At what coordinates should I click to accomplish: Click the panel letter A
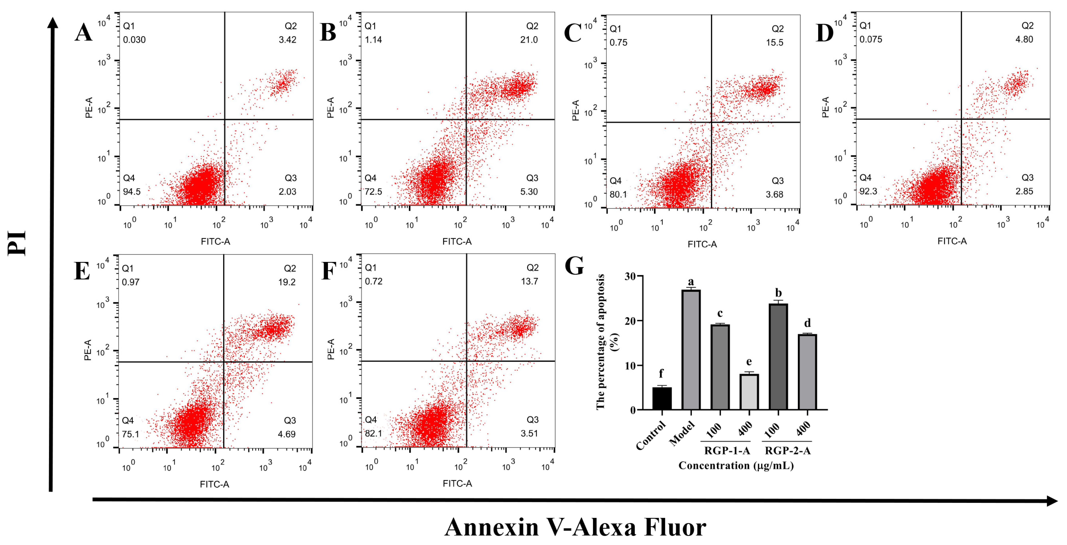click(83, 32)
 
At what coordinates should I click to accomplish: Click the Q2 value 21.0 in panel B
click(529, 40)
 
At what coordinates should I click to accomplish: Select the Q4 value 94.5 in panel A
click(132, 192)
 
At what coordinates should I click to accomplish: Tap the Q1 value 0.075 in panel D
click(871, 39)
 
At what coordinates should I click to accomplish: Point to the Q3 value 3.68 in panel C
click(774, 194)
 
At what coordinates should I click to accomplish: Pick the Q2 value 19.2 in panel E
click(287, 282)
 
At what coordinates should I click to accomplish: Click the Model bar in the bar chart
click(691, 350)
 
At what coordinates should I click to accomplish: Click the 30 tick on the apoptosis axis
click(630, 276)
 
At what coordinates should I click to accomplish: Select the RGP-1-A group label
click(727, 451)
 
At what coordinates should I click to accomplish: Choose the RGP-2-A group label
click(787, 451)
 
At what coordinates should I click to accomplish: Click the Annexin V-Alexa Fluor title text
click(575, 527)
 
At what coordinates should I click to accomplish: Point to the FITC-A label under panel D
click(952, 241)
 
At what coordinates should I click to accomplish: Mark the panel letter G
click(574, 266)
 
